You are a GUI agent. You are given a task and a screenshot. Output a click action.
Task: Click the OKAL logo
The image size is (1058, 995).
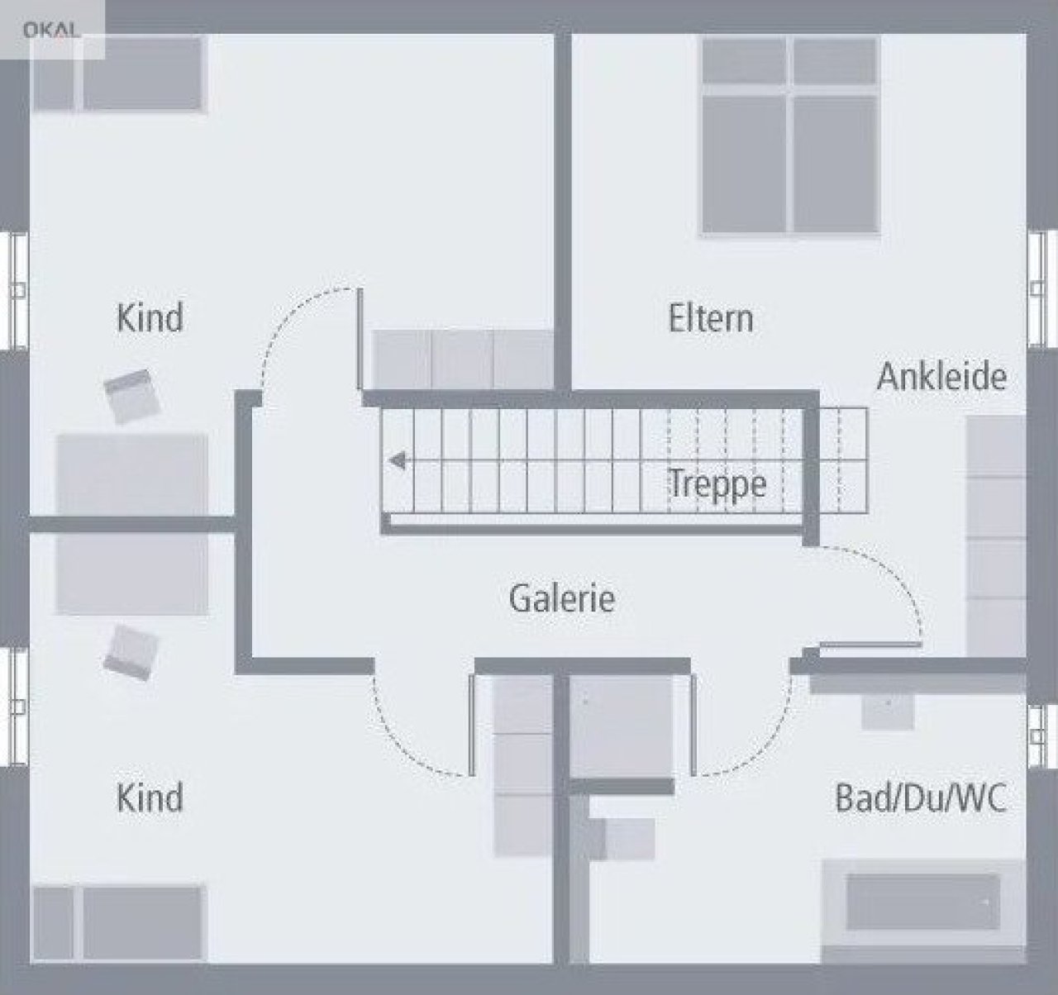point(52,30)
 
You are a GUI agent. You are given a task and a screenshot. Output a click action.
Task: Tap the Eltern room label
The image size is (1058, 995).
point(711,318)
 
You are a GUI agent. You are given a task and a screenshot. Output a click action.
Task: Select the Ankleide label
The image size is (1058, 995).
point(941,376)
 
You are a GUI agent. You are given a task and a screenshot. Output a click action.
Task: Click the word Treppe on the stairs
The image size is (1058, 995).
point(717,483)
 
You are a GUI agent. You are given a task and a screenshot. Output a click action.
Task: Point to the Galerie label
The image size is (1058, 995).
point(562,597)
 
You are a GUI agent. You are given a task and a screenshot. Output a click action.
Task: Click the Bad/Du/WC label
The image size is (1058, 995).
point(921,797)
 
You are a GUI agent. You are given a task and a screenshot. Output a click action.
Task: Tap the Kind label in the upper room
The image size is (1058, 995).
point(150,317)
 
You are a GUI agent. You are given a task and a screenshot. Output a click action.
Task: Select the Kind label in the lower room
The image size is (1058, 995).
point(150,797)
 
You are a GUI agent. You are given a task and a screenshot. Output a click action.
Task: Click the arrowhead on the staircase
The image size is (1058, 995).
point(398,460)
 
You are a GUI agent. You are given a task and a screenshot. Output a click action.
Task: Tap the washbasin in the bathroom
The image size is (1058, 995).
point(888,711)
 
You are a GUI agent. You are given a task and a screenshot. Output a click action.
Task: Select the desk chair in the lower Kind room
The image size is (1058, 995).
point(131,652)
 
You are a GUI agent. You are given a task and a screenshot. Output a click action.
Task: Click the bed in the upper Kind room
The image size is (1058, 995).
point(118,74)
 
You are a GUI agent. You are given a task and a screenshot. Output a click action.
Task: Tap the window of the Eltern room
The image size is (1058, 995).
point(1042,291)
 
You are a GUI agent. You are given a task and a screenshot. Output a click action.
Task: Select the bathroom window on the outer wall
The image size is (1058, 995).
point(1042,736)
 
